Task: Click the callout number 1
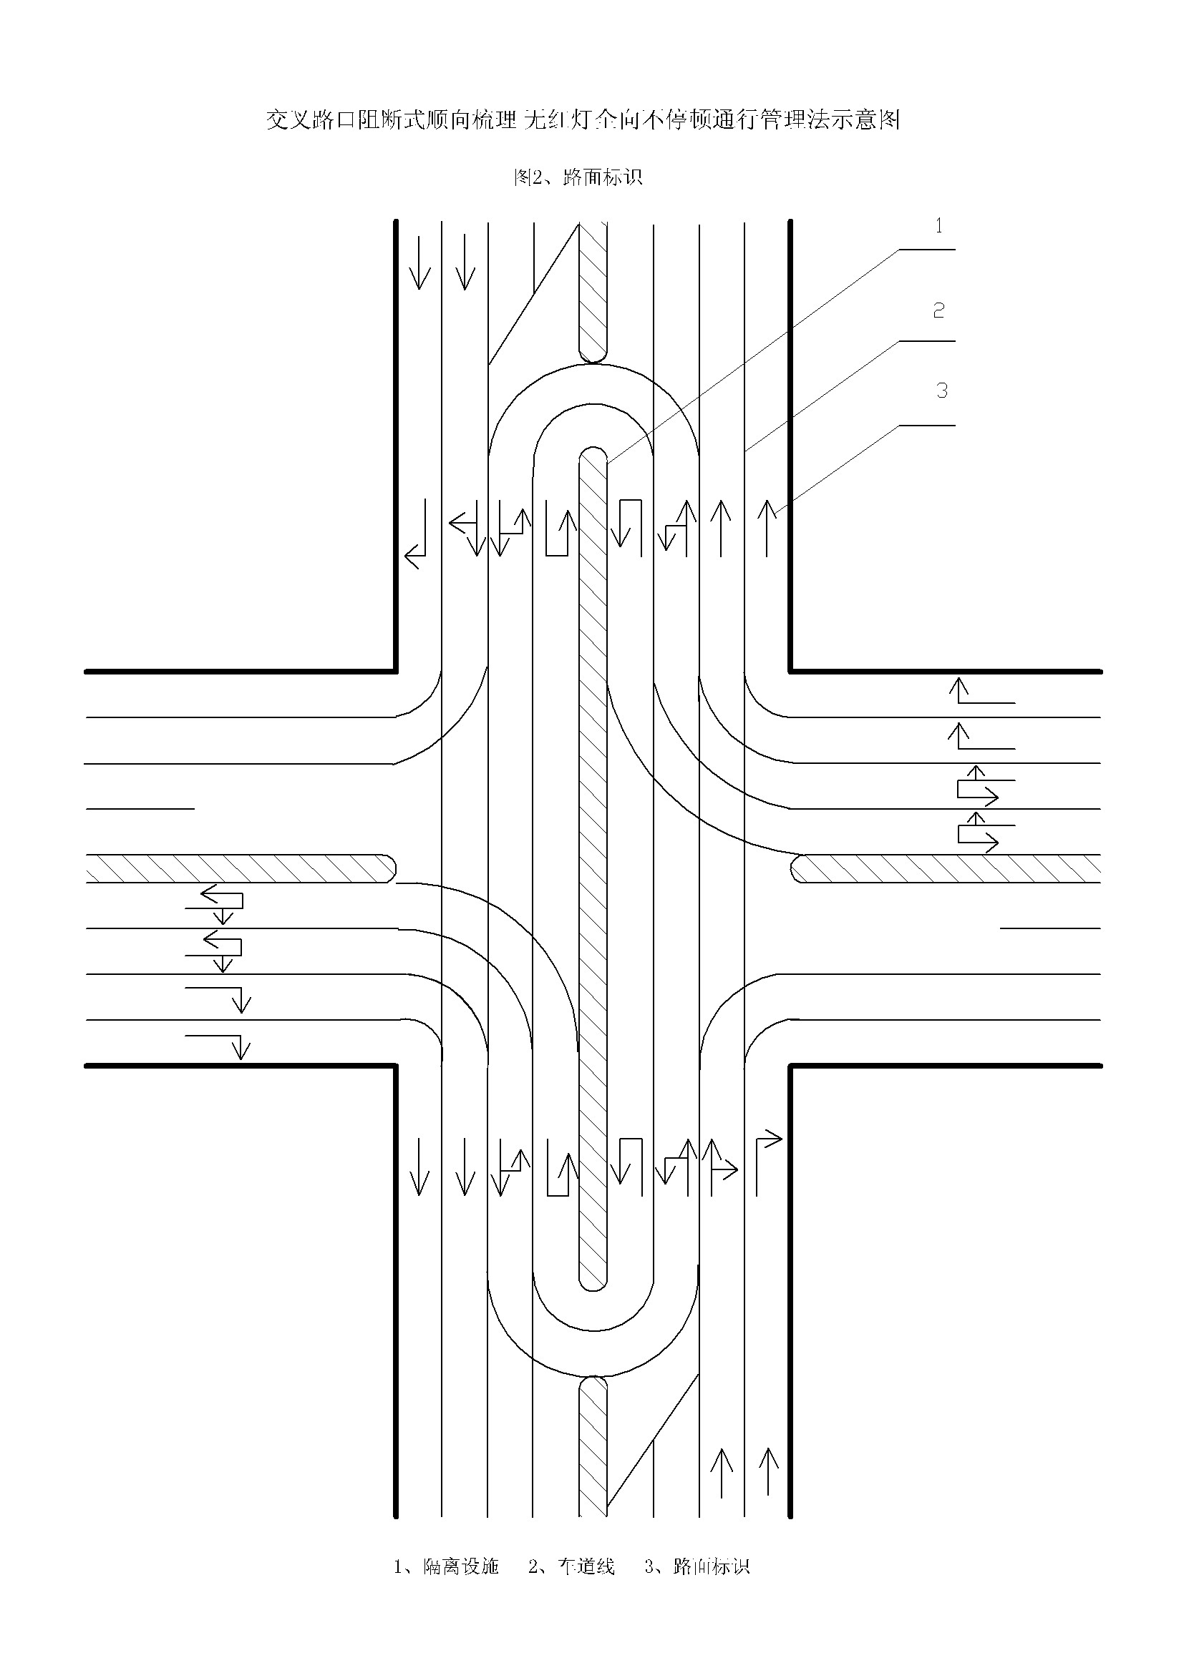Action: click(939, 227)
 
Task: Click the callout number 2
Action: click(939, 311)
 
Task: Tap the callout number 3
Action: click(942, 391)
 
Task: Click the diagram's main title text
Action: click(583, 119)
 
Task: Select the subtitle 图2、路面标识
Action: click(578, 177)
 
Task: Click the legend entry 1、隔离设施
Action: click(446, 1566)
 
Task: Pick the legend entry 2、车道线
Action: click(571, 1566)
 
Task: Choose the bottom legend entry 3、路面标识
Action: click(697, 1566)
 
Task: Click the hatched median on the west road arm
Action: click(241, 868)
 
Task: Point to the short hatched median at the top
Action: click(593, 291)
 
